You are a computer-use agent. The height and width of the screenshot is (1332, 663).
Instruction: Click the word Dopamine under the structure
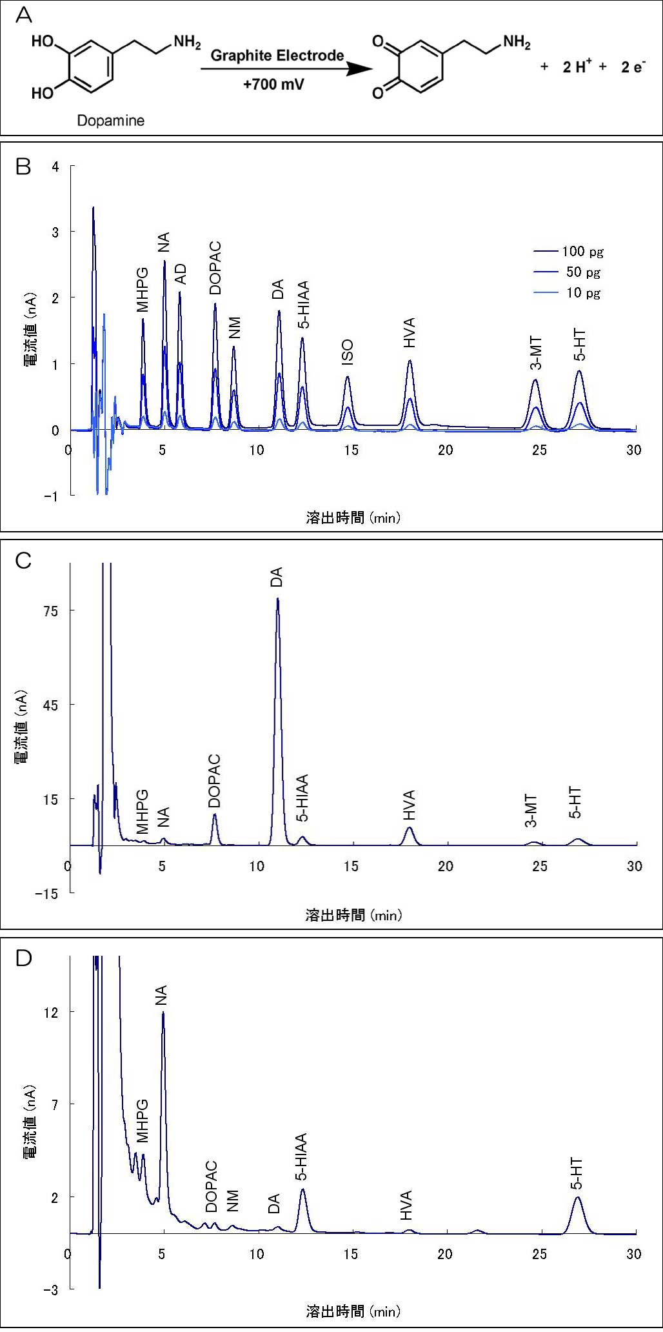click(110, 121)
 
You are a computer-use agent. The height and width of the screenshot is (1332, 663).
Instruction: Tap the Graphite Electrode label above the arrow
click(277, 55)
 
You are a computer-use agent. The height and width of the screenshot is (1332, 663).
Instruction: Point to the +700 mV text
click(273, 84)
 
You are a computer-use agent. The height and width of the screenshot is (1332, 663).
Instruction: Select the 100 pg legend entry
click(582, 252)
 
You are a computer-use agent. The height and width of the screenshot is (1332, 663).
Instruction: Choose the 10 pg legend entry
click(583, 293)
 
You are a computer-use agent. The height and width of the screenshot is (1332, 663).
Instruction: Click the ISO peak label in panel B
click(347, 352)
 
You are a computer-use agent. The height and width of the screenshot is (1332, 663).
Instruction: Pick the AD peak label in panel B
click(181, 274)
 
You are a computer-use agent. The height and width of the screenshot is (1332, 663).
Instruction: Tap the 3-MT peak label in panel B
click(536, 354)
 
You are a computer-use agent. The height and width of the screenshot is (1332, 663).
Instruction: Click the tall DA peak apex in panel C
click(277, 599)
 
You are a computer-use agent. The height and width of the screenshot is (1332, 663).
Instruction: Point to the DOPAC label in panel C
click(215, 782)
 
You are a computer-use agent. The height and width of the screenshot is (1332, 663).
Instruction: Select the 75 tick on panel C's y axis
click(50, 611)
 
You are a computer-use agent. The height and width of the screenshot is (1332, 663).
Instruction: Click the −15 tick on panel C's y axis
click(46, 894)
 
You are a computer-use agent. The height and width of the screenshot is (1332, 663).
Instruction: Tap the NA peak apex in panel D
click(163, 1012)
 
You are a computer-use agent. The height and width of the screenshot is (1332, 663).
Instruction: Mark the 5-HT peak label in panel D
click(577, 1174)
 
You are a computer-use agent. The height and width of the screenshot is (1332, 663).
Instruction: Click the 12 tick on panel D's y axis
click(51, 1012)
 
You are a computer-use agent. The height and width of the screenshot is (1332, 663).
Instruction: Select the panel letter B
click(23, 167)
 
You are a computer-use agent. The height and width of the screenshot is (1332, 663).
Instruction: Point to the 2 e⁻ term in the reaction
click(633, 67)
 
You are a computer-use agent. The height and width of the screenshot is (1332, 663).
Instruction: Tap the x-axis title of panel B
click(353, 517)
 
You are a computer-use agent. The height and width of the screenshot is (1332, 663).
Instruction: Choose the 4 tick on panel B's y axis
click(55, 166)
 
